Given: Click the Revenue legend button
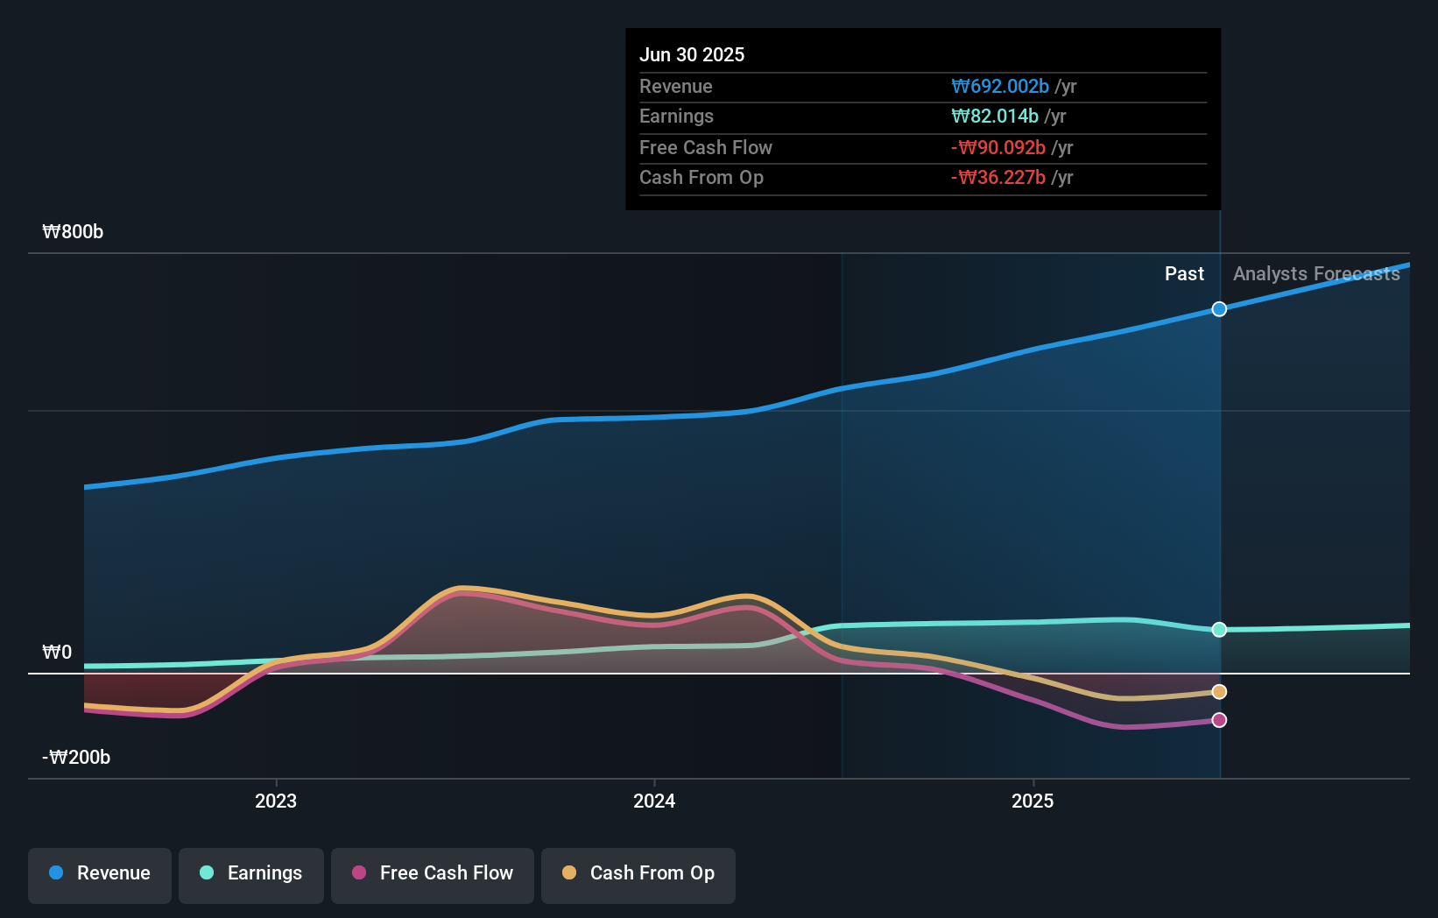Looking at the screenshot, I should coord(100,874).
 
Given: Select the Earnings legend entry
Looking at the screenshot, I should coord(251,874).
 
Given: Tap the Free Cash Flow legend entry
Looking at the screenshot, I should coord(433,874).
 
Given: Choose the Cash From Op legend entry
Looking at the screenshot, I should coord(638,874).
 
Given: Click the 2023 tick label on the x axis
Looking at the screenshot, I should coord(276,801).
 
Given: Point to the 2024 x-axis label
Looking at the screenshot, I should coord(654,801).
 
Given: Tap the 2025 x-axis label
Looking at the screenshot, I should coord(1033,801).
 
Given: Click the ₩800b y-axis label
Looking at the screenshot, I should coord(73,232).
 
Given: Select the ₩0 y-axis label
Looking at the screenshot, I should coord(57,653).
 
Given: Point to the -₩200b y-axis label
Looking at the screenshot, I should coord(76,758).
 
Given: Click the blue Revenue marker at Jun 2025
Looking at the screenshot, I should coord(1219,309).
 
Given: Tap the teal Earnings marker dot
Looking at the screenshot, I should coord(1219,630).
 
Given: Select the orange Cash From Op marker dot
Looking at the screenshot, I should coord(1219,692).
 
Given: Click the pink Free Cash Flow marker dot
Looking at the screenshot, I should coord(1219,720).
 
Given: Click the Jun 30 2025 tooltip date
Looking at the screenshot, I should coord(692,55).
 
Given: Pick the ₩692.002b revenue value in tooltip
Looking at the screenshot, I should coord(1000,87).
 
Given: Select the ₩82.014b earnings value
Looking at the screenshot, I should coord(995,117).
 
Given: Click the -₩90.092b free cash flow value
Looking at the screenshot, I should coord(998,148).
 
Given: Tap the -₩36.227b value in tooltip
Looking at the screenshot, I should coord(998,178).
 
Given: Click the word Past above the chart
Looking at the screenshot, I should coord(1184,274).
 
